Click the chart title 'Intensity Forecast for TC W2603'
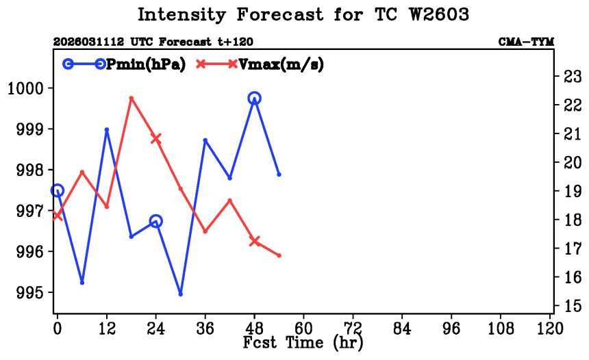[303, 14]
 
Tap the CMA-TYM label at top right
[526, 42]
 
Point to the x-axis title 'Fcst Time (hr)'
[303, 342]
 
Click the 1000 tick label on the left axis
[25, 88]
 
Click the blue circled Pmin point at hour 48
[254, 99]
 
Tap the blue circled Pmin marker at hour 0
[58, 190]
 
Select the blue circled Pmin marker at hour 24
[155, 221]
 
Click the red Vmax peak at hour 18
[131, 98]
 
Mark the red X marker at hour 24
[155, 138]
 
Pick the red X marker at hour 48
[254, 241]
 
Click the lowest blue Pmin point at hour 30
[180, 294]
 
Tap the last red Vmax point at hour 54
[279, 255]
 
